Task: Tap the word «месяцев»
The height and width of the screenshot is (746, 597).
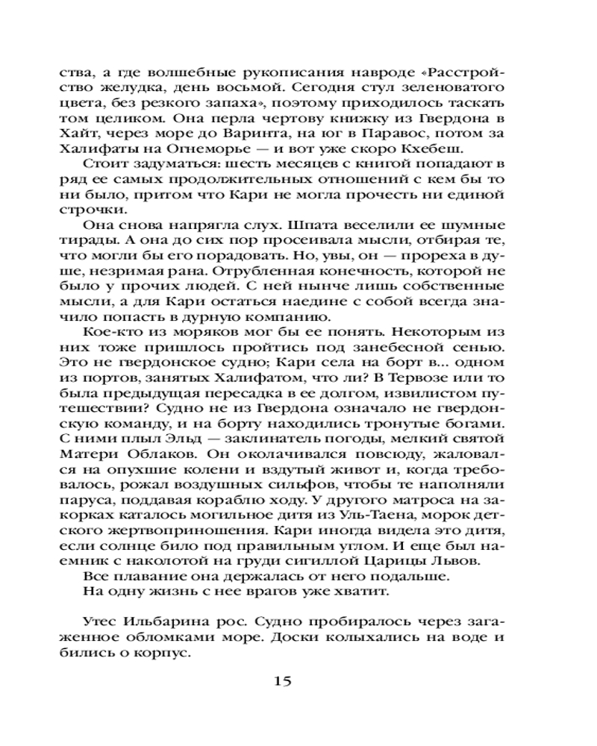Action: click(x=284, y=165)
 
